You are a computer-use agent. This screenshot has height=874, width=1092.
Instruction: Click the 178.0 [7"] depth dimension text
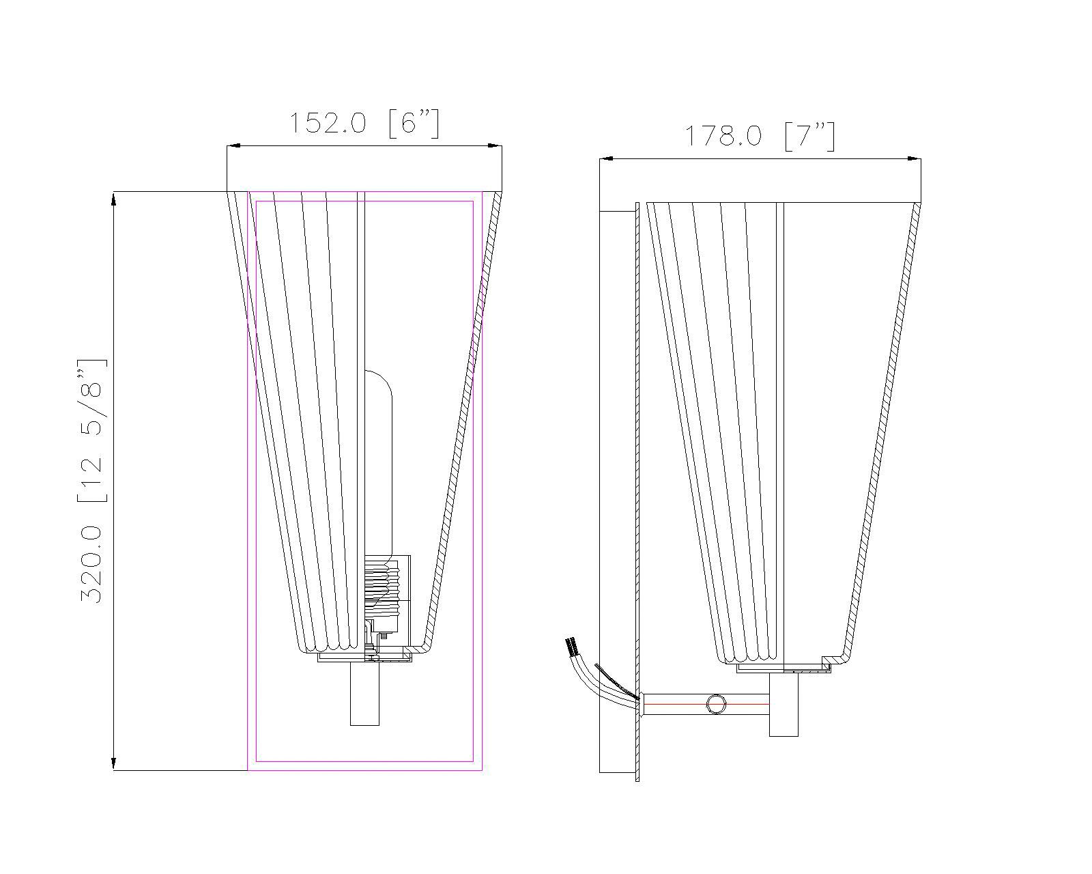759,136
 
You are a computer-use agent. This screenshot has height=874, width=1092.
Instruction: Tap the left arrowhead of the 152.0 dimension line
233,145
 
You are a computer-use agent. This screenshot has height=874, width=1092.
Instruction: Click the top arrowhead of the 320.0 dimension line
113,198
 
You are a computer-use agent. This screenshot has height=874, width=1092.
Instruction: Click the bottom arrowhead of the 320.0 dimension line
113,763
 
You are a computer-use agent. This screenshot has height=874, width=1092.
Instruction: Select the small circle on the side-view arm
716,704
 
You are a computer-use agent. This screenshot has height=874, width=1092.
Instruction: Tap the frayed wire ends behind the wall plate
571,645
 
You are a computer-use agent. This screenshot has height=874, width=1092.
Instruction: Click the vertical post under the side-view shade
784,705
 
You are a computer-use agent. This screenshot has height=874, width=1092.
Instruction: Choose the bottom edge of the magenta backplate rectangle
364,770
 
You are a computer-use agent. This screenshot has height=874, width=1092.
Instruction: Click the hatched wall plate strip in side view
637,478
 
